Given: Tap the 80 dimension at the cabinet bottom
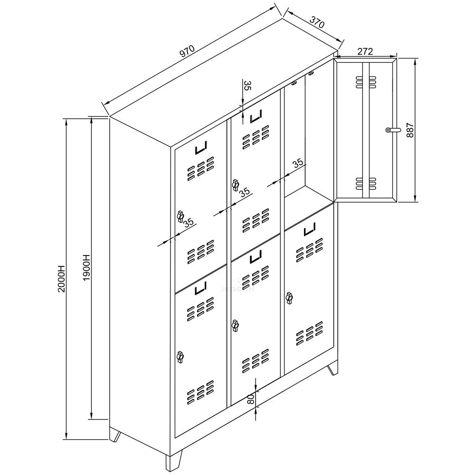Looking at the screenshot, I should [251, 399].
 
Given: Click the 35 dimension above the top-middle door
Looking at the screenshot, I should [247, 86].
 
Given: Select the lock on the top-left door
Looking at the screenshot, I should [180, 217].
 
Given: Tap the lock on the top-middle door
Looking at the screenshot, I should [235, 184].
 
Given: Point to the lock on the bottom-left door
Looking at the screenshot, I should [180, 356].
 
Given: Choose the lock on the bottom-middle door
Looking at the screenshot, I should [235, 325].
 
